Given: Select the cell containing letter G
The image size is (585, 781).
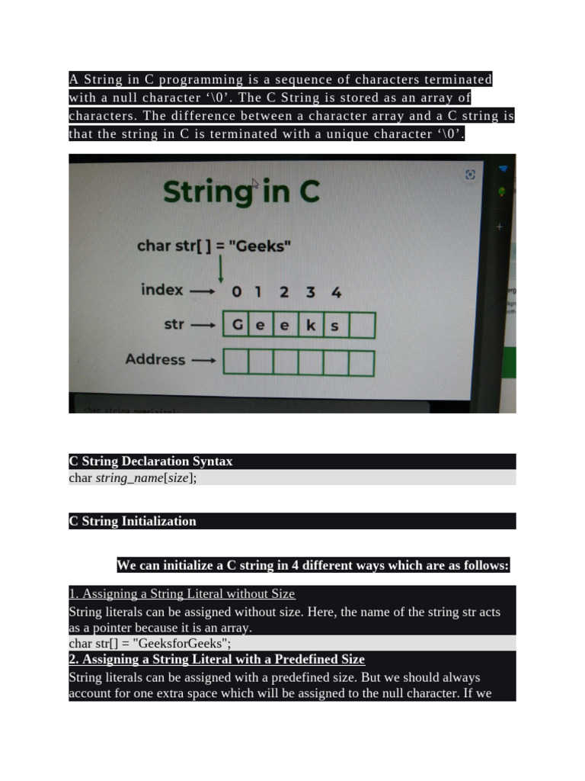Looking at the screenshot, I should point(237,325).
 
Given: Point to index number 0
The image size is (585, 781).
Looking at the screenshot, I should point(237,291).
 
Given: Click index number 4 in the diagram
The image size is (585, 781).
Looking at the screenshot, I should point(336,291).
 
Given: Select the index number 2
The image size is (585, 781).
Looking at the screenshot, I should point(284,291).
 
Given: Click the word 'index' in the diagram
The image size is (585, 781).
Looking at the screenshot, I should point(162,290).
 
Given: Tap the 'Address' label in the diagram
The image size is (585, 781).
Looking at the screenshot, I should point(155,359).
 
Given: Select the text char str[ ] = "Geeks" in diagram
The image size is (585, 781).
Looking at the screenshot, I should point(213,246).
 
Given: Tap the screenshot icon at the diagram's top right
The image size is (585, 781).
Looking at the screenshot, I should point(470,175).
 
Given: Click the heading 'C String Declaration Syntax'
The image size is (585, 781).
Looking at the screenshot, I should point(151,461).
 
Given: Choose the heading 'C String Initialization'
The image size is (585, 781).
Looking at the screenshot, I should point(133,522).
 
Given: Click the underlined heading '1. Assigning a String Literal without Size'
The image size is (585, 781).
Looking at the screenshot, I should point(182,593).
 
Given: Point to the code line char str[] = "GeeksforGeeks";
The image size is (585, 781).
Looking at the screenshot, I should point(150,643).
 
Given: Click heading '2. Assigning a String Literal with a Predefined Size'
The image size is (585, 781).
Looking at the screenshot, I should point(217,659).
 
